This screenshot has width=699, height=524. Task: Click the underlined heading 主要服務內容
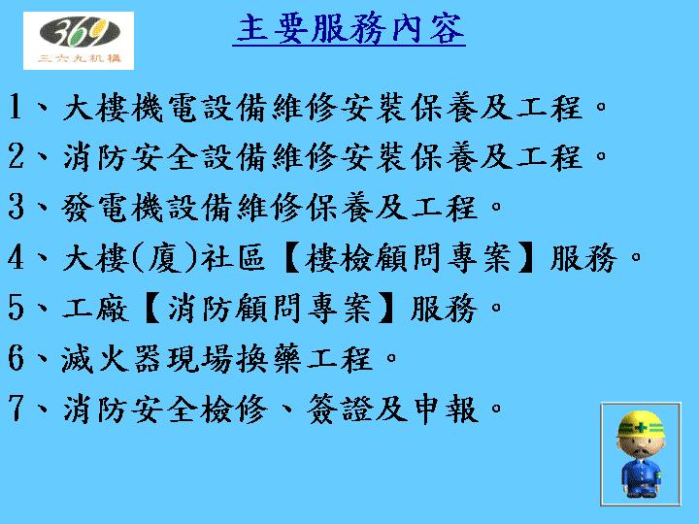click(x=350, y=30)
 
